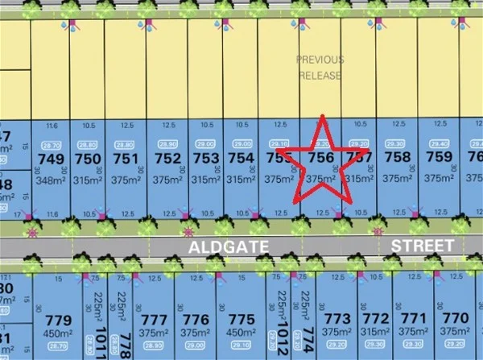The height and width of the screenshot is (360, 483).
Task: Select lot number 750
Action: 87,159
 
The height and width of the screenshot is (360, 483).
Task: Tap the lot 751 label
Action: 125,159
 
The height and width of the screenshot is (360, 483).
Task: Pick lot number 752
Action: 167,159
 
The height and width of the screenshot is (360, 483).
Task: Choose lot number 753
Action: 206,159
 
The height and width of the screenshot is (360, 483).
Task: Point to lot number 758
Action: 398,158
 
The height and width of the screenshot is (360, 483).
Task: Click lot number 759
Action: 440,158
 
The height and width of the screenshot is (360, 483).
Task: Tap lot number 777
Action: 154,321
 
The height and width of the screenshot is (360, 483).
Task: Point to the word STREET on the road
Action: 422,244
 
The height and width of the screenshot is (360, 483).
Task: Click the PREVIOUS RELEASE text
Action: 320,68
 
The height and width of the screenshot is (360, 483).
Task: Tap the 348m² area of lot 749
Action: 50,179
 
